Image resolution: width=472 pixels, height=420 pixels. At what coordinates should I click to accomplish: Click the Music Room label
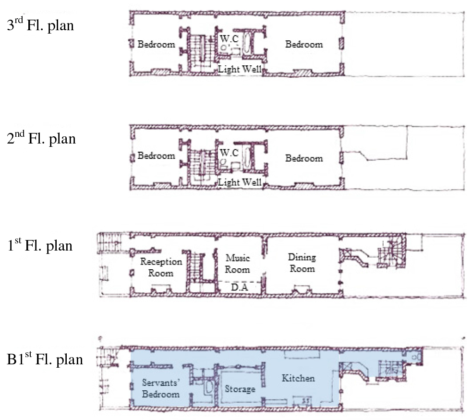click(238, 264)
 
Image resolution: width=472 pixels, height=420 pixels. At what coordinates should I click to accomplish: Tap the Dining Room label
click(302, 263)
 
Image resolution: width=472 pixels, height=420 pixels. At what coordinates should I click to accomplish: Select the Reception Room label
click(161, 267)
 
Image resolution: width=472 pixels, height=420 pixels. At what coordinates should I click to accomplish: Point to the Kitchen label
click(298, 378)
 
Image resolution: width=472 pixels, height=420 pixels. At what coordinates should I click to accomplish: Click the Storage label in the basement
click(240, 389)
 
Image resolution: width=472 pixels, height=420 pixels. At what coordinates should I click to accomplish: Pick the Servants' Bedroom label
click(161, 388)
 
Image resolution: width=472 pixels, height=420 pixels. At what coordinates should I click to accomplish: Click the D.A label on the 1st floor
click(240, 288)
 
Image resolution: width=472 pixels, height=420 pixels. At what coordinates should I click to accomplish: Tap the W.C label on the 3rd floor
click(229, 38)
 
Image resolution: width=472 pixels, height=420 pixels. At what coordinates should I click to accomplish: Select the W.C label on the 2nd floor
click(229, 153)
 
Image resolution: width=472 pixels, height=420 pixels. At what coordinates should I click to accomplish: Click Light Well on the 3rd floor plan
click(240, 69)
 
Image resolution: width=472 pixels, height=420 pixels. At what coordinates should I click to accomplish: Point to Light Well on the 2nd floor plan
click(240, 182)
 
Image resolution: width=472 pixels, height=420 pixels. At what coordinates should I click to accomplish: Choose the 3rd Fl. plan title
click(40, 24)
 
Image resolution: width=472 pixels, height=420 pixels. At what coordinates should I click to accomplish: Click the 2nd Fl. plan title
click(41, 138)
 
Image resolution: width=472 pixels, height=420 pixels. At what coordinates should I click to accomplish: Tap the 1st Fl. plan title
click(40, 245)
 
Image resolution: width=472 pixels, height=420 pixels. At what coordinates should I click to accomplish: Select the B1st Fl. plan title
click(45, 359)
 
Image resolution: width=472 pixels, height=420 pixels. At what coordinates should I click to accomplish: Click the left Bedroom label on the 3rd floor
click(156, 44)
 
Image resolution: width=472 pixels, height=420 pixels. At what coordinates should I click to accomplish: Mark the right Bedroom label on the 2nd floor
click(304, 158)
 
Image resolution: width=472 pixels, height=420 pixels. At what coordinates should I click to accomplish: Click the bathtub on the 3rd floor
click(246, 44)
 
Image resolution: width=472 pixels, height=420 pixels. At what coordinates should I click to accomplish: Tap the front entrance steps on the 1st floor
click(109, 242)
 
